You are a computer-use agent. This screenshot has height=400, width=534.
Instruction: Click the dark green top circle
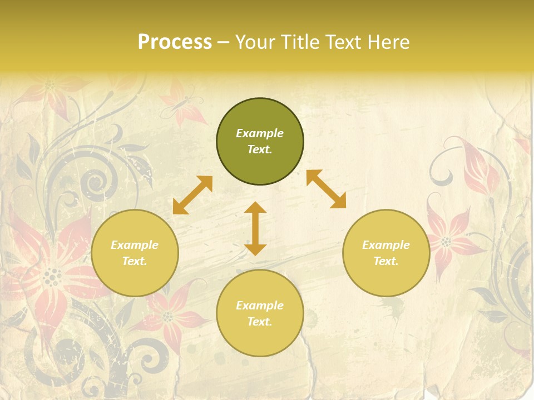pyautogui.click(x=260, y=142)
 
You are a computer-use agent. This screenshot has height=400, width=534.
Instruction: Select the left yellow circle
pyautogui.click(x=135, y=253)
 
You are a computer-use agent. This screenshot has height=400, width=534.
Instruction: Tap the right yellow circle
pyautogui.click(x=386, y=253)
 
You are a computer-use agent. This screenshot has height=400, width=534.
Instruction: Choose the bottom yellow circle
pyautogui.click(x=260, y=313)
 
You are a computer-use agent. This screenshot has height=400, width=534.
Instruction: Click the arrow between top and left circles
pyautogui.click(x=192, y=195)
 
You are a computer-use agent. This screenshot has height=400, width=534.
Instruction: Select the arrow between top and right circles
pyautogui.click(x=326, y=189)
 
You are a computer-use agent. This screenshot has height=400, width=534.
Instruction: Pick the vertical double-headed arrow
pyautogui.click(x=255, y=228)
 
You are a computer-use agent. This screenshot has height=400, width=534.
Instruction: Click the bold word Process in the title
pyautogui.click(x=175, y=42)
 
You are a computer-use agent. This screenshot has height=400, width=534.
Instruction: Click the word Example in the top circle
pyautogui.click(x=260, y=133)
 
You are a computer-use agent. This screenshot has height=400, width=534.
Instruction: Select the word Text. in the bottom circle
pyautogui.click(x=260, y=322)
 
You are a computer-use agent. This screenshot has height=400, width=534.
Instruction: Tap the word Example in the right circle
pyautogui.click(x=386, y=245)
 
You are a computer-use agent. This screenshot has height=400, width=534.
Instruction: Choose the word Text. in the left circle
pyautogui.click(x=135, y=261)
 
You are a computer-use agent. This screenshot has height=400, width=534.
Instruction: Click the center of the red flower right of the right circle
pyautogui.click(x=446, y=241)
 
